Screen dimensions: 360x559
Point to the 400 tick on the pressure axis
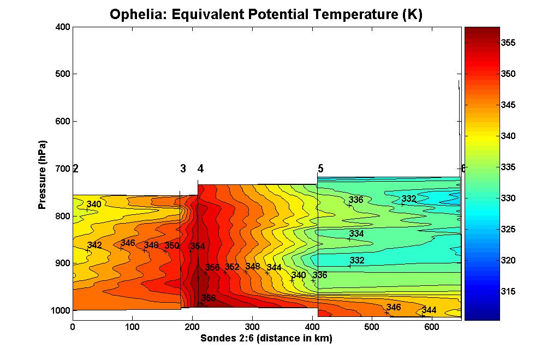[x=62, y=27]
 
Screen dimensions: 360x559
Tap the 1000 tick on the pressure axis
[x=60, y=310]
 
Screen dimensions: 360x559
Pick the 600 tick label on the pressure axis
[x=62, y=121]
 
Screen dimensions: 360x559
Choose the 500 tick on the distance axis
[x=372, y=327]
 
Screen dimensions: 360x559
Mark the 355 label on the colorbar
[x=508, y=43]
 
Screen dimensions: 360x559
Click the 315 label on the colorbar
[x=508, y=291]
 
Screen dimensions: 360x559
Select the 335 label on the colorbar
[x=508, y=167]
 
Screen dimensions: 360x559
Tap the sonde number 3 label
[x=183, y=169]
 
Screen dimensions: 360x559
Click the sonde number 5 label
[x=320, y=169]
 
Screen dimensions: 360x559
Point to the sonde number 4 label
[x=200, y=169]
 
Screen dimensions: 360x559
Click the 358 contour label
[x=209, y=298]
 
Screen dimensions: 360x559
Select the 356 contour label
[x=212, y=267]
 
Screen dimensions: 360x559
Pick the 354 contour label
[x=198, y=246]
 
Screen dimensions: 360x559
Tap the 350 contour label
[x=172, y=245]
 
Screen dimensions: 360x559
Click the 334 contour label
[x=356, y=233]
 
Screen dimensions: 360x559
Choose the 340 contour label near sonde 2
[x=94, y=205]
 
